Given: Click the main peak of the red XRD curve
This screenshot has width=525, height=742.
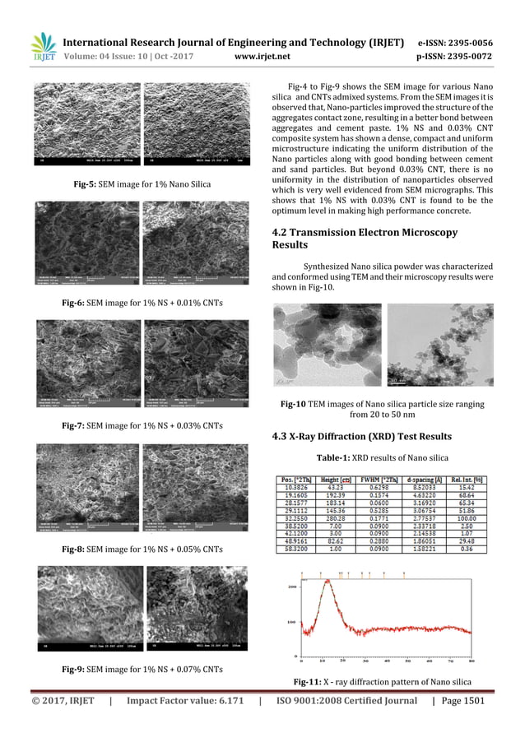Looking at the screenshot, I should point(329,582).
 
